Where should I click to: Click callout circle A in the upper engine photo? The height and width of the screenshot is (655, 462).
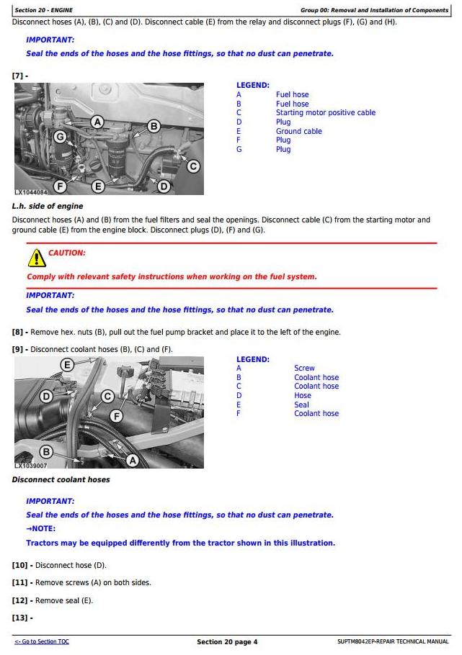[x=97, y=122]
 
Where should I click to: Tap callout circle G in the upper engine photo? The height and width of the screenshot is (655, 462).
[x=61, y=136]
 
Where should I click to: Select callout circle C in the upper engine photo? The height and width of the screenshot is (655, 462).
[x=193, y=166]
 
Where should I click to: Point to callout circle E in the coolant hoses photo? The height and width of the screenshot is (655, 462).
[x=67, y=365]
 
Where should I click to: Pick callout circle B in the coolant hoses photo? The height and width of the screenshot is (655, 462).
[x=46, y=451]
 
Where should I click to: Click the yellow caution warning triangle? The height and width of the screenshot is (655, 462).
[x=36, y=258]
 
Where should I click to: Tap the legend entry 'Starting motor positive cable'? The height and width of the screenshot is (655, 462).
[x=325, y=113]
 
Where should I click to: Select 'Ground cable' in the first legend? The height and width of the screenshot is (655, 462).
[x=298, y=132]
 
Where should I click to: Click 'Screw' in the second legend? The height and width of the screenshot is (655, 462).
[x=304, y=369]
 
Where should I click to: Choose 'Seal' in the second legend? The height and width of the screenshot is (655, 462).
[x=301, y=405]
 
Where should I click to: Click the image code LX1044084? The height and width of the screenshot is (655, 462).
[x=31, y=192]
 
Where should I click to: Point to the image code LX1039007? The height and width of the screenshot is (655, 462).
[x=31, y=466]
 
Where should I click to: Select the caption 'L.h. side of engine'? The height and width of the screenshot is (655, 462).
[x=48, y=207]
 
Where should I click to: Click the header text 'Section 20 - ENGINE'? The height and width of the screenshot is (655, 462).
[x=43, y=10]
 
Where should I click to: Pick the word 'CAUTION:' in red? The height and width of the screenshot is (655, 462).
[x=66, y=253]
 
